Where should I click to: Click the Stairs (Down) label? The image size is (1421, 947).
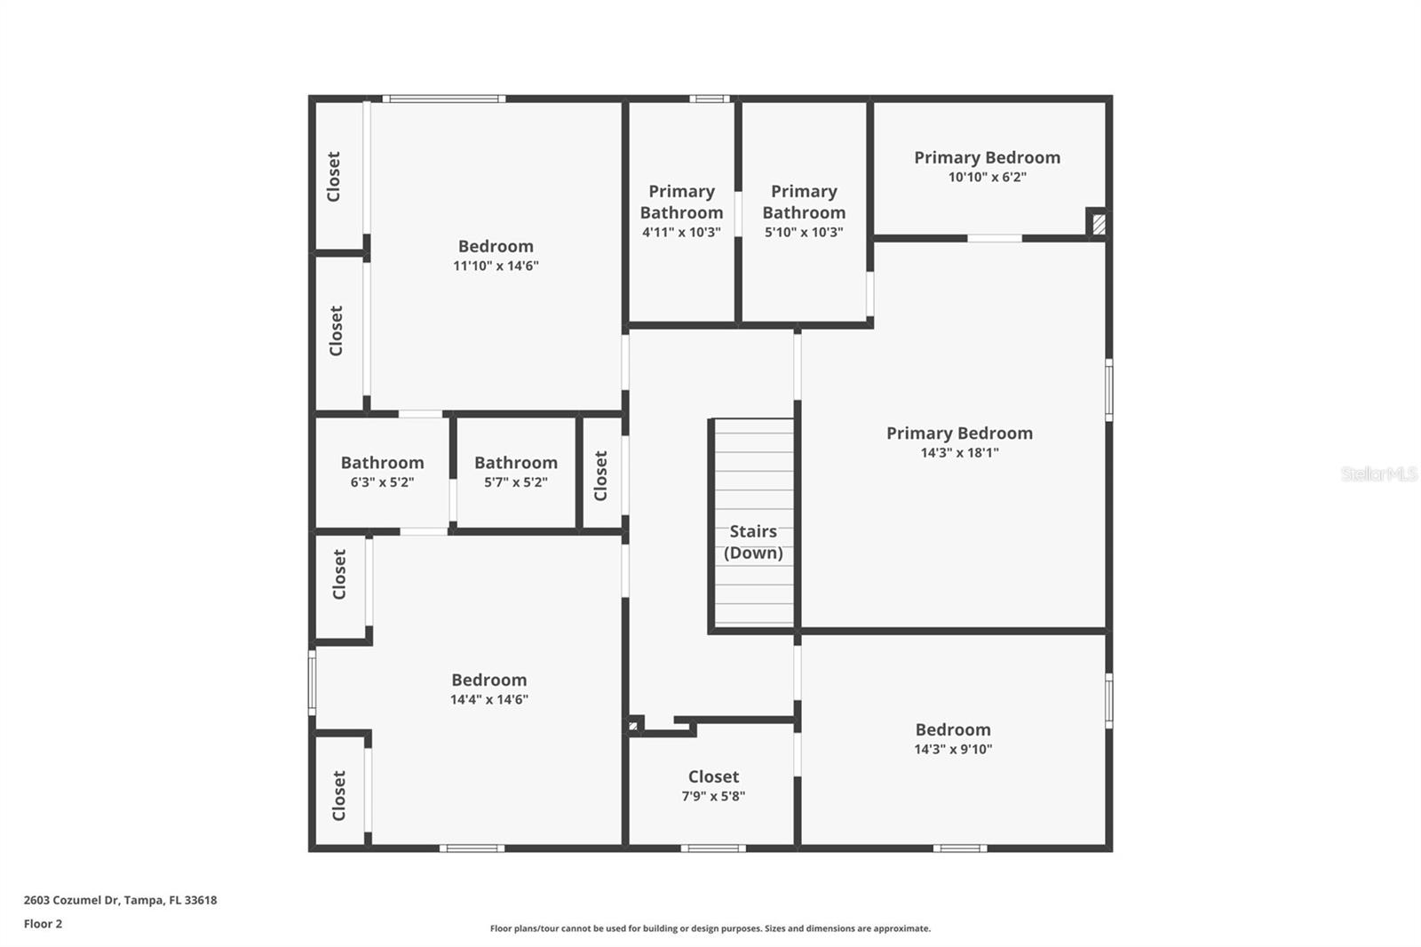click(753, 542)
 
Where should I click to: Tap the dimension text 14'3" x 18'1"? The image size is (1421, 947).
click(959, 453)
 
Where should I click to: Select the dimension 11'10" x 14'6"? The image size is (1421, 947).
click(496, 266)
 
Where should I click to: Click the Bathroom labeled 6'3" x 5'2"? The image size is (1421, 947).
click(382, 472)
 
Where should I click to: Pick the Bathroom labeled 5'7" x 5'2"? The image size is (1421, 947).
click(515, 472)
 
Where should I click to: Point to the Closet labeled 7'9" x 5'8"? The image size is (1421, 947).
click(713, 785)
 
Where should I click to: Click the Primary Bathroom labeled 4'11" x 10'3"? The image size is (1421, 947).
click(681, 211)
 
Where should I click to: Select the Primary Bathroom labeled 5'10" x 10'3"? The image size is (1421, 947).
click(804, 211)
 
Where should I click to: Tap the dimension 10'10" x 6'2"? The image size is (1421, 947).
click(987, 178)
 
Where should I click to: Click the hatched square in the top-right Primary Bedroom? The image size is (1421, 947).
click(1099, 223)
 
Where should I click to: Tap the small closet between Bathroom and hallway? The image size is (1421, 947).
click(601, 475)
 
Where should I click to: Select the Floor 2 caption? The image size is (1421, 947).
click(43, 924)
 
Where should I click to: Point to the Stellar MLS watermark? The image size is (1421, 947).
click(1378, 473)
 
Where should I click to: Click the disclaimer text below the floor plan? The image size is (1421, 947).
click(710, 928)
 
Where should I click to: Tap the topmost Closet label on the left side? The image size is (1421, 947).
click(334, 176)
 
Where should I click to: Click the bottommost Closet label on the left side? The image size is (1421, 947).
click(338, 794)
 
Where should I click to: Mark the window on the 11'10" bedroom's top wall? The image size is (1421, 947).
click(444, 99)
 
